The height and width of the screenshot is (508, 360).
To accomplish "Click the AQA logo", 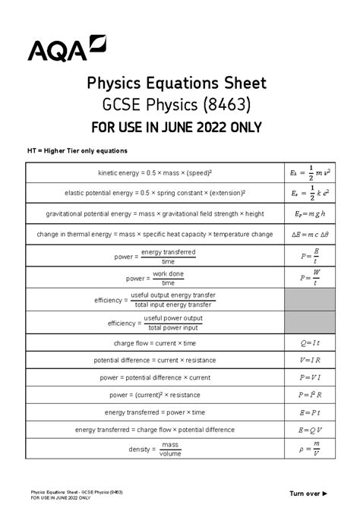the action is [67, 47].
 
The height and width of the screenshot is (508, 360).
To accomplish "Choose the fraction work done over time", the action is [168, 278].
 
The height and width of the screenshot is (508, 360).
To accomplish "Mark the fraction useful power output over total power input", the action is [173, 323].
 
